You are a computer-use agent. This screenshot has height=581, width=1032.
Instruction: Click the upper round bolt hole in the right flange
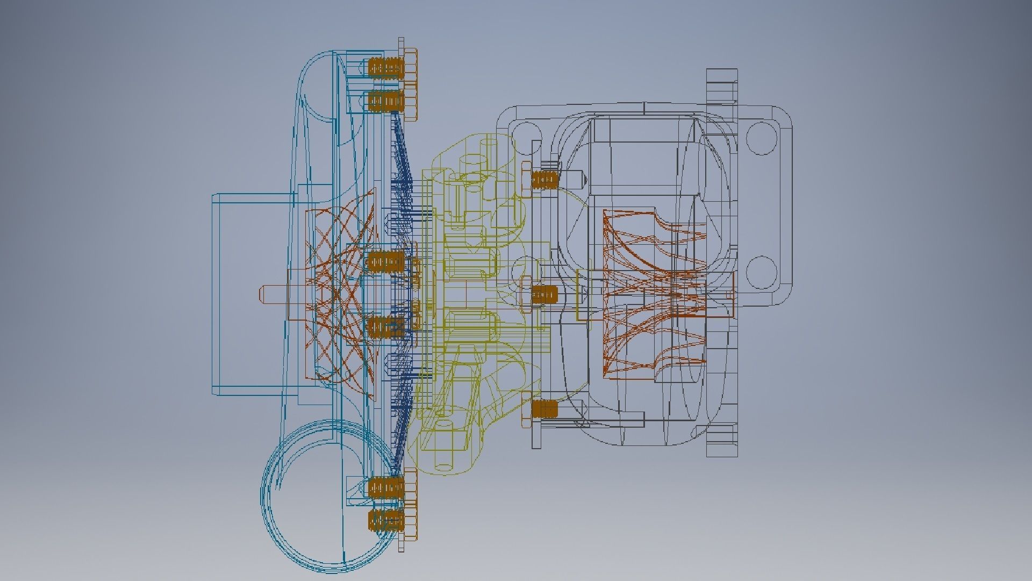pyautogui.click(x=762, y=138)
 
